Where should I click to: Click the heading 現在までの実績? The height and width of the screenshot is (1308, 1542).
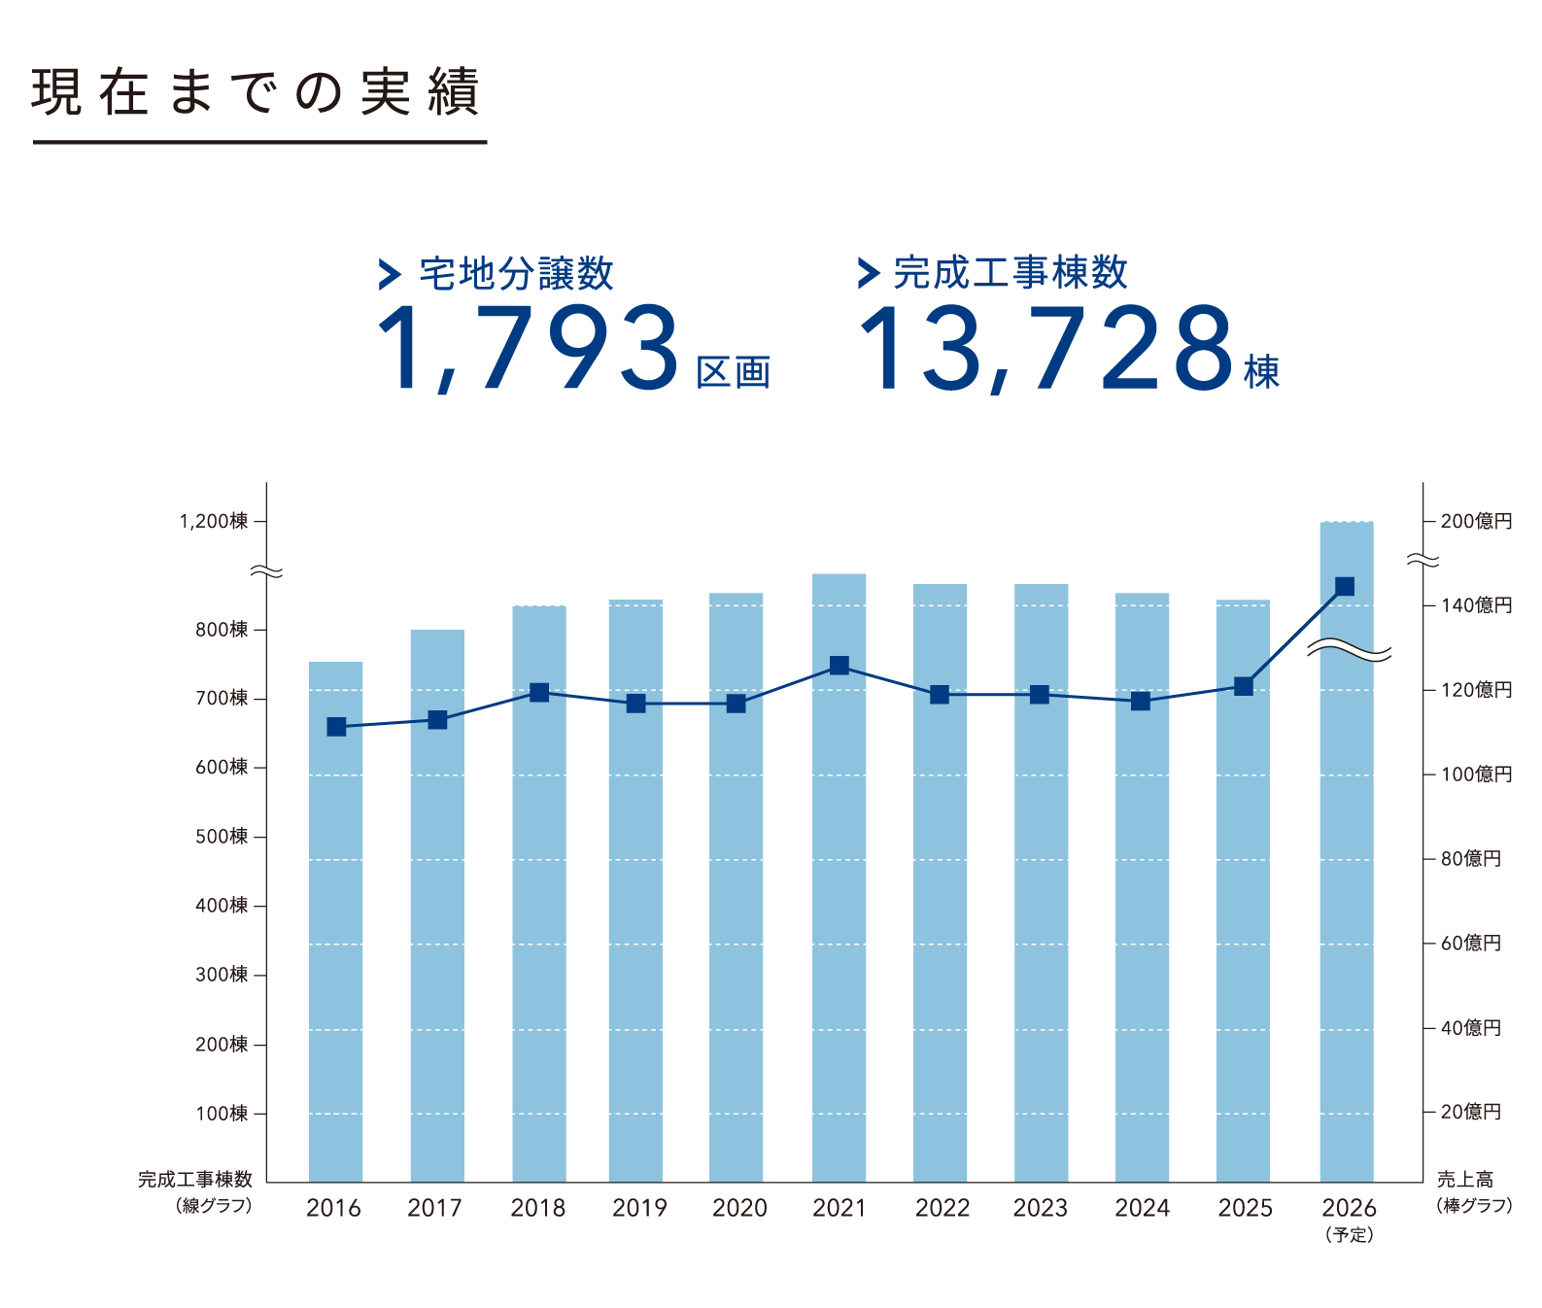(x=256, y=92)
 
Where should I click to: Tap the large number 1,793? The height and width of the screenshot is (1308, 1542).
(x=528, y=348)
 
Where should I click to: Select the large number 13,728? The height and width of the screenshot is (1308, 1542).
(x=1045, y=348)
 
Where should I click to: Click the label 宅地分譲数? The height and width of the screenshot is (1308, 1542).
(x=516, y=274)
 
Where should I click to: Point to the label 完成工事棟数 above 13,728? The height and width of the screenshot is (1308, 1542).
(x=1011, y=272)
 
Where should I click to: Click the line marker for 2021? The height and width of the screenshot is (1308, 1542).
(x=840, y=666)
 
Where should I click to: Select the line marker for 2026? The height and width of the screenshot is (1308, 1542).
(x=1345, y=586)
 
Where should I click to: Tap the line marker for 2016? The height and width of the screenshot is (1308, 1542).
(x=336, y=727)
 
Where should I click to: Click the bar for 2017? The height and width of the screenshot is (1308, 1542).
(x=437, y=904)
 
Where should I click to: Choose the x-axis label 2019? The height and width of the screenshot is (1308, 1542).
(x=639, y=1208)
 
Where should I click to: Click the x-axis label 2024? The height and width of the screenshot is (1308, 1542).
(x=1142, y=1208)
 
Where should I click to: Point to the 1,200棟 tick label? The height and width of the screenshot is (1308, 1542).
(x=214, y=522)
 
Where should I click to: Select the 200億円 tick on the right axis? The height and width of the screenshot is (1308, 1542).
(x=1476, y=522)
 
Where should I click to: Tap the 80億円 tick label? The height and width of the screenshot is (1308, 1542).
(x=1470, y=859)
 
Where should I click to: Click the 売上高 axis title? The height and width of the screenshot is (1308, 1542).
(x=1465, y=1180)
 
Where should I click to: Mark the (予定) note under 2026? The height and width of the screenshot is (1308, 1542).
(x=1349, y=1235)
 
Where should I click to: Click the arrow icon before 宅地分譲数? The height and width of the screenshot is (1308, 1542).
(x=390, y=274)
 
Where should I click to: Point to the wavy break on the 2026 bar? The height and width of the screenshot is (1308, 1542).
(x=1349, y=651)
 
